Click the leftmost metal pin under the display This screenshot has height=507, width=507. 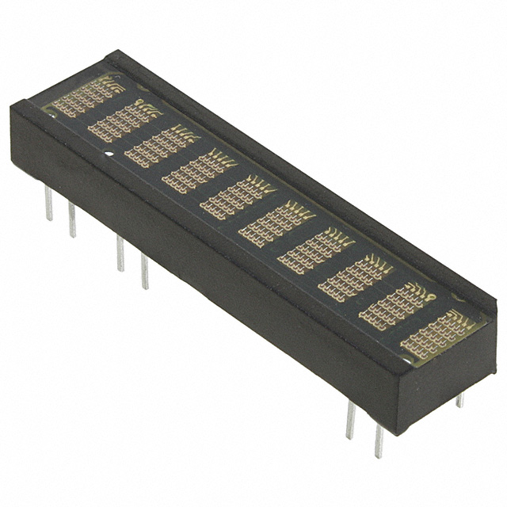tap(48, 204)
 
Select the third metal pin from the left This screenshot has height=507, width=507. tap(120, 253)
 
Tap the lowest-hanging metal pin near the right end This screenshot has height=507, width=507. tap(379, 444)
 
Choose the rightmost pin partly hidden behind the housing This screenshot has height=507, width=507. tap(459, 400)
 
